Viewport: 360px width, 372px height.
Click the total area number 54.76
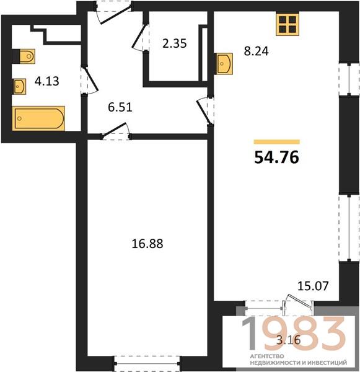276,157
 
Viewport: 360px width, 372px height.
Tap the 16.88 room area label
147,244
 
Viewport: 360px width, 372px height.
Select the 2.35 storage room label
175,43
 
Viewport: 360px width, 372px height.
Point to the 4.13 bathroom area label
46,81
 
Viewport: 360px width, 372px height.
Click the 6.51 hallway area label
120,107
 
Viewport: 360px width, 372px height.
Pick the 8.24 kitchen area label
256,51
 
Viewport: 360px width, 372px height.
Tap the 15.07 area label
313,286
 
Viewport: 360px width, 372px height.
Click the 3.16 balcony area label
289,340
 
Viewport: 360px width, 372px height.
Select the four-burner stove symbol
287,24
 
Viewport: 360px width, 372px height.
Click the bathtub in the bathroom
38,118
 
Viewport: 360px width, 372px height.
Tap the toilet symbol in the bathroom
24,56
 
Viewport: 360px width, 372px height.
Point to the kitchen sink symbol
224,64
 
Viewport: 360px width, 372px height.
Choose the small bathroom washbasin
19,87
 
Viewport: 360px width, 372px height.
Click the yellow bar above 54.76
276,142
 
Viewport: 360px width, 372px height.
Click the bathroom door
89,80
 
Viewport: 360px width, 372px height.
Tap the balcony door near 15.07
298,304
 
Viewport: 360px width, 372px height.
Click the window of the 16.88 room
147,363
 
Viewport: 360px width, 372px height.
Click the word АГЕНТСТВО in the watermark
267,356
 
